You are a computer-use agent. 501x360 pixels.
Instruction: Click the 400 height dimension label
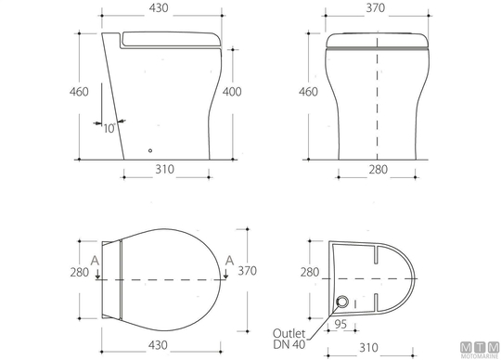232,92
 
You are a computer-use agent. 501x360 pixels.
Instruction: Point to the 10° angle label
109,128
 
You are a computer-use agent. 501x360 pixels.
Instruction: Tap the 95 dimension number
340,324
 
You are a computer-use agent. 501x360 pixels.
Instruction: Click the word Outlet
289,333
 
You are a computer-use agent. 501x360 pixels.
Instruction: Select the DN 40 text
289,344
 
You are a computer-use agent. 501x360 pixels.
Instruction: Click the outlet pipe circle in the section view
342,302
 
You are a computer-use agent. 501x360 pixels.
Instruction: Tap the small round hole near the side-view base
150,150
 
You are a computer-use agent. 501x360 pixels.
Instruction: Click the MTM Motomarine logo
480,350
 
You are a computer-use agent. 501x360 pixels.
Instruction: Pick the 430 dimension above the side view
159,8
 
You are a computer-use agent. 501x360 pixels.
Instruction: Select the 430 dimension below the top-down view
158,345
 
